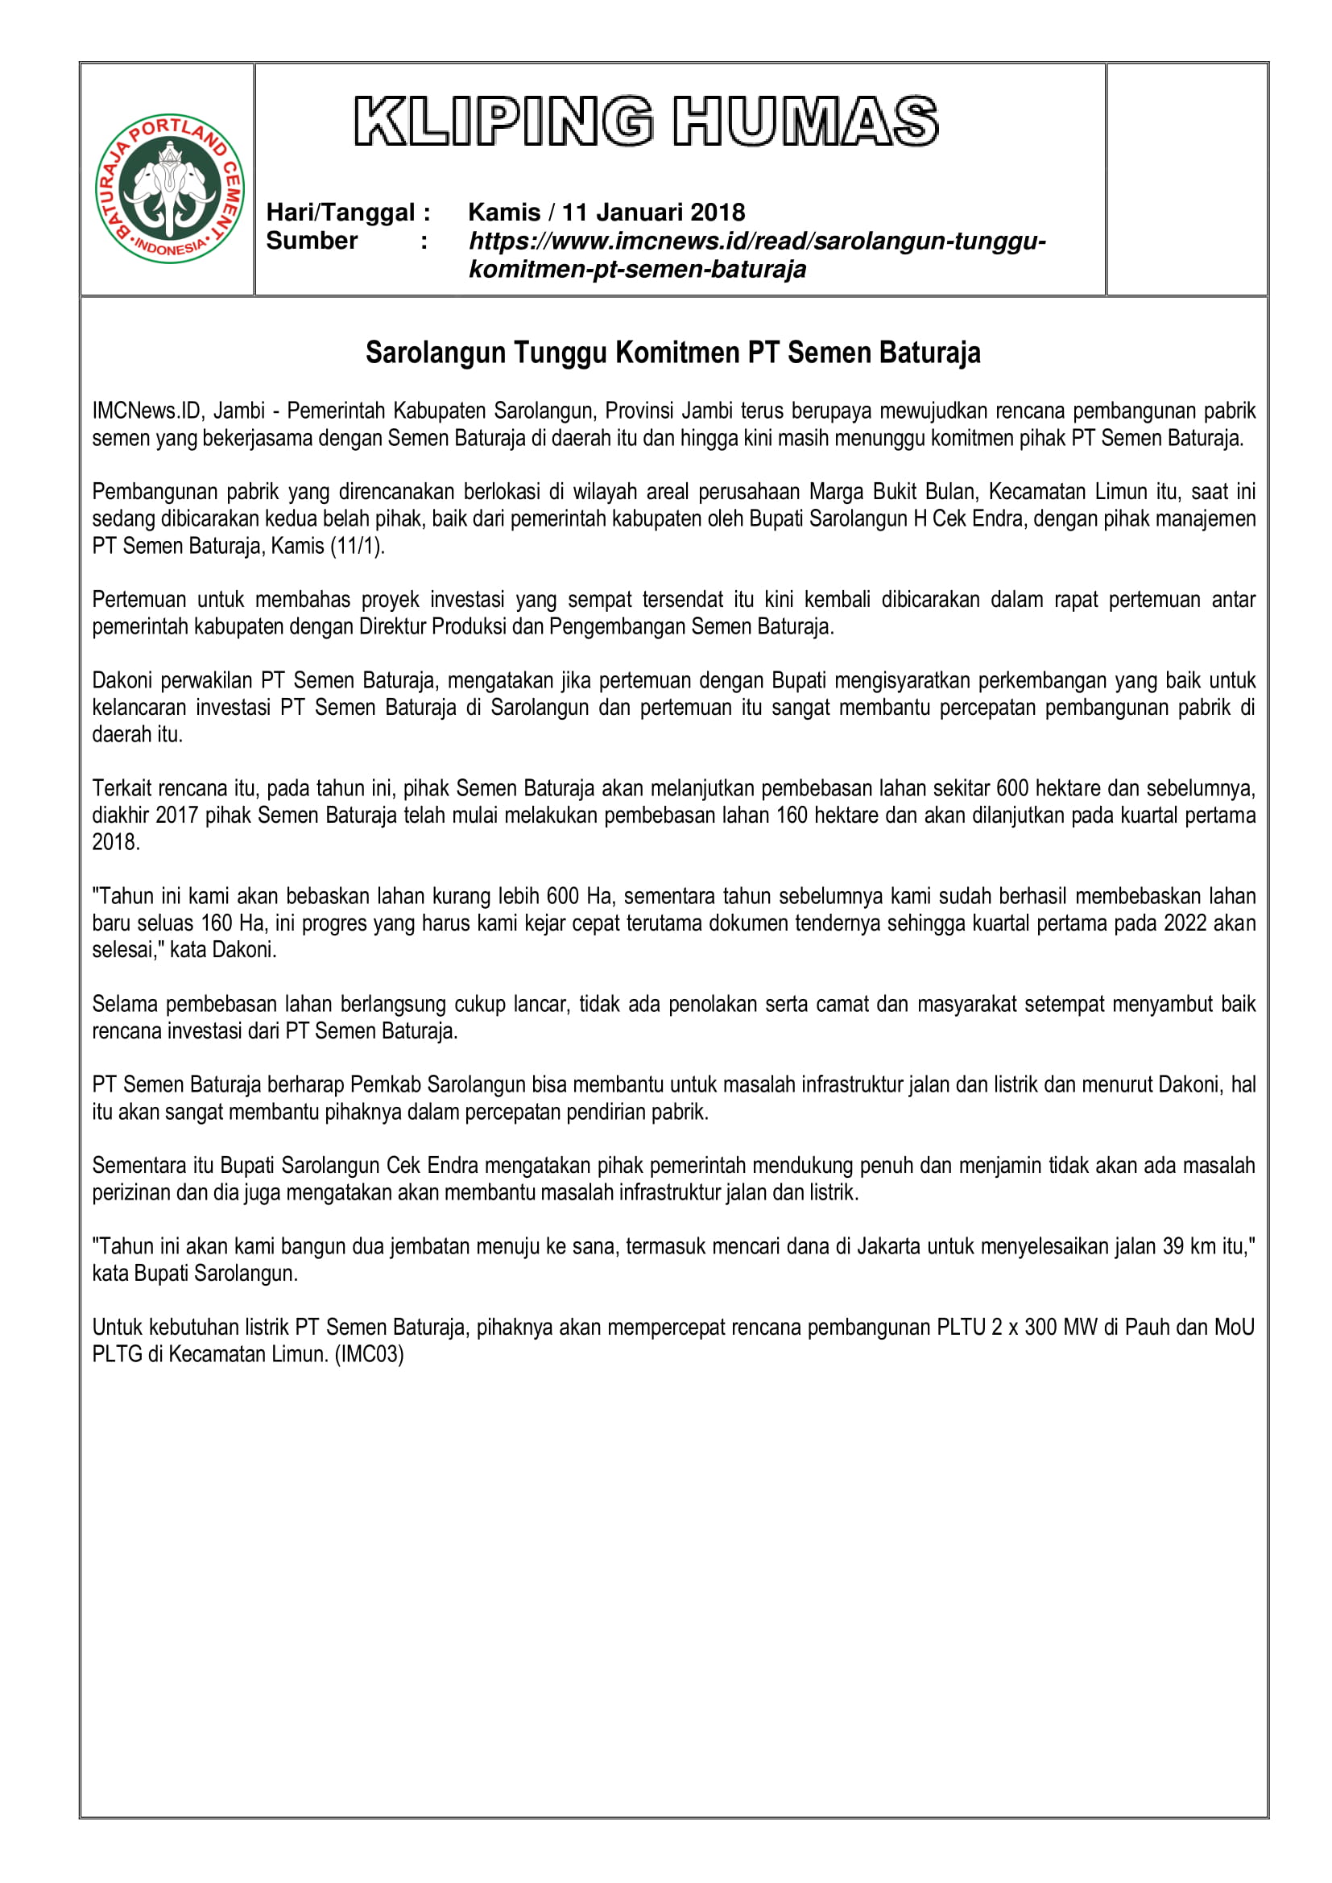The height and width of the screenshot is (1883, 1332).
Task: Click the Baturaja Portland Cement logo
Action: (170, 188)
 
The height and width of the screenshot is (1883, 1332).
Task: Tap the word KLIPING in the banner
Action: (503, 122)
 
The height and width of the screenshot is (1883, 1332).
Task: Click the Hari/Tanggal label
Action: (348, 213)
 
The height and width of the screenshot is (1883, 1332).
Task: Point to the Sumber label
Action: (312, 242)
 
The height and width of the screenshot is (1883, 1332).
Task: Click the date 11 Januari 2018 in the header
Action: (653, 213)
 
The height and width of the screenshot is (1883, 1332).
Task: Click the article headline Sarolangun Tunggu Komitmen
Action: (672, 353)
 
